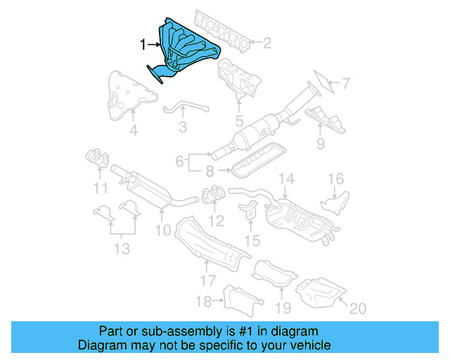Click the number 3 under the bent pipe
[183, 127]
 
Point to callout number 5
[240, 120]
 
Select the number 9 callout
[320, 145]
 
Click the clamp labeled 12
[211, 194]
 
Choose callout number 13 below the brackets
[122, 248]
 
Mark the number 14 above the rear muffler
[286, 179]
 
